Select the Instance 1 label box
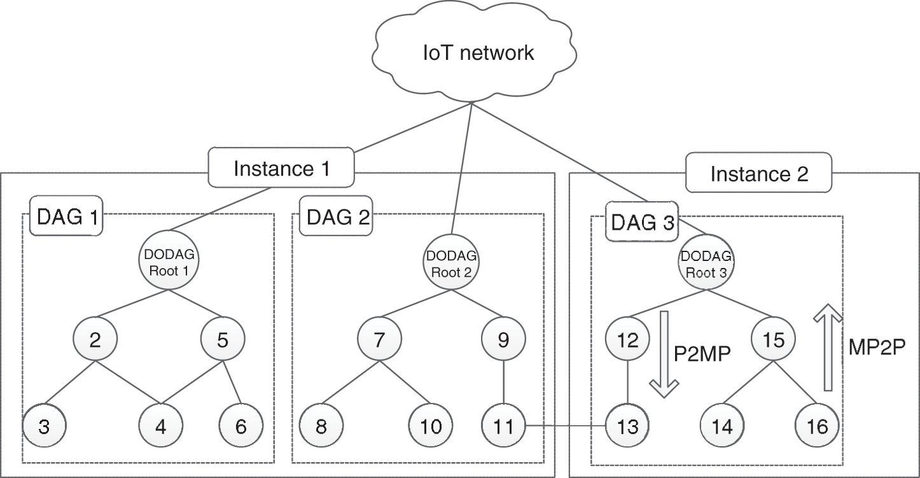[281, 169]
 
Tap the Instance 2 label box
[758, 174]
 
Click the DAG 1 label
[67, 217]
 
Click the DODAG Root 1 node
[168, 262]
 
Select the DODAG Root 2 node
[451, 262]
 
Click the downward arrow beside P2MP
[665, 353]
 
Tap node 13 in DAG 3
[628, 426]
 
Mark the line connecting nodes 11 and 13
[566, 426]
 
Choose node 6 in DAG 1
[240, 426]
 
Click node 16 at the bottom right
[817, 426]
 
